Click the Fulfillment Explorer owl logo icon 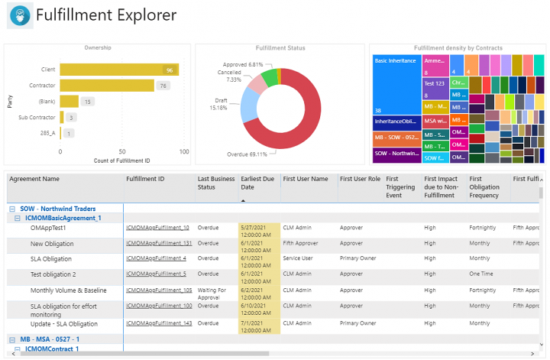click(20, 15)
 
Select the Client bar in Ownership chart click(119, 70)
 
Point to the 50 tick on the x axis click(122, 151)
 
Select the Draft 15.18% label click(219, 103)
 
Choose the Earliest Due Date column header click(257, 183)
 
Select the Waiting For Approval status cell click(213, 294)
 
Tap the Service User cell click(300, 258)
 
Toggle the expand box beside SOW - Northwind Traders click(12, 209)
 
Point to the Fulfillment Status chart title click(280, 48)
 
